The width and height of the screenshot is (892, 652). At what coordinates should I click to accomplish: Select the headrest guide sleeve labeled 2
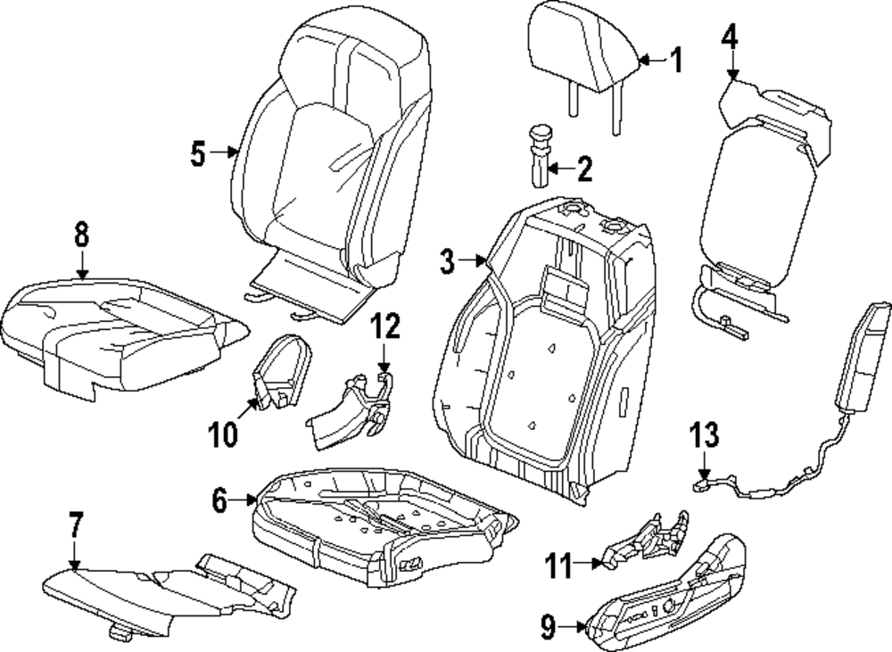coord(541,156)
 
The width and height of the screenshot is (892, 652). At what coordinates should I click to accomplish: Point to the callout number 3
coord(447,260)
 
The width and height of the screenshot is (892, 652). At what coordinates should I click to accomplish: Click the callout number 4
coord(730,38)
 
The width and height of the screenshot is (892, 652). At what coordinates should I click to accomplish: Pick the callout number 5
coord(198,153)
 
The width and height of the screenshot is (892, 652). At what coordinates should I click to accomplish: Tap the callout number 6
coord(219,501)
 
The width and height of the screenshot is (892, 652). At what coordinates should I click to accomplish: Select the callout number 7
coord(75,525)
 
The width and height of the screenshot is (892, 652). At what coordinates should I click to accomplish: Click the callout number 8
coord(81,235)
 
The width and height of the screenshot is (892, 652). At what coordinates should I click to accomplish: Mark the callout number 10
coord(223,434)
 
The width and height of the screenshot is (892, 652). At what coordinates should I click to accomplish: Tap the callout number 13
coord(704,436)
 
